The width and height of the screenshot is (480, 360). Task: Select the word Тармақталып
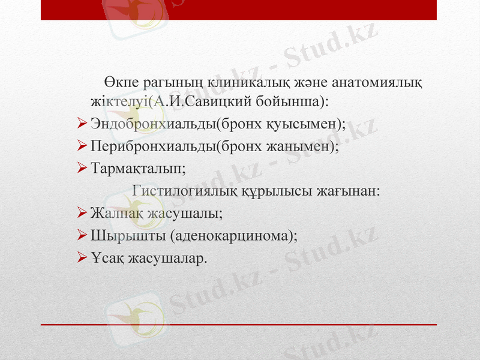point(138,169)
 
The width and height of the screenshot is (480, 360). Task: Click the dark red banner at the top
point(240,10)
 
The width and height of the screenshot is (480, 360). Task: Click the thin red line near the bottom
point(240,325)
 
